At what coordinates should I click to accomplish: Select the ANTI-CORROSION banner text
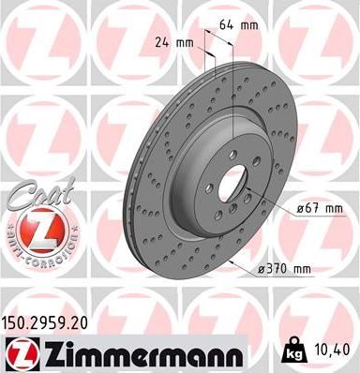[34, 254]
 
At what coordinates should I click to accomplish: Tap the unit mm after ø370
[300, 269]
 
